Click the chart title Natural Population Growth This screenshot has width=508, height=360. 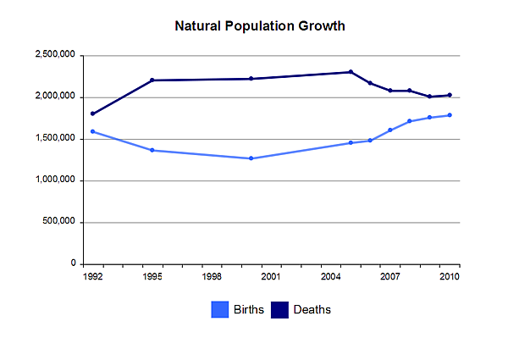(260, 26)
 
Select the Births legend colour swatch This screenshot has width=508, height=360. (220, 310)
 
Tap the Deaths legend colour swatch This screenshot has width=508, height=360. (280, 310)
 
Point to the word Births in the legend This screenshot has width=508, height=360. (249, 310)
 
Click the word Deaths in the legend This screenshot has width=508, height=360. (312, 310)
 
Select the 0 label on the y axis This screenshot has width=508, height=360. (74, 263)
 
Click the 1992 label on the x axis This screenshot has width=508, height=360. (93, 277)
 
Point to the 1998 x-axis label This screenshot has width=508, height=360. (212, 277)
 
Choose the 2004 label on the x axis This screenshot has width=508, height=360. (330, 277)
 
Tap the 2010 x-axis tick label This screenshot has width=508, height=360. (449, 277)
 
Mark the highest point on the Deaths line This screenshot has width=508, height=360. (351, 72)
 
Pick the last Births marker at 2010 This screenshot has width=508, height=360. (450, 115)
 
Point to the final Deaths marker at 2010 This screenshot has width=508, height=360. (450, 95)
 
